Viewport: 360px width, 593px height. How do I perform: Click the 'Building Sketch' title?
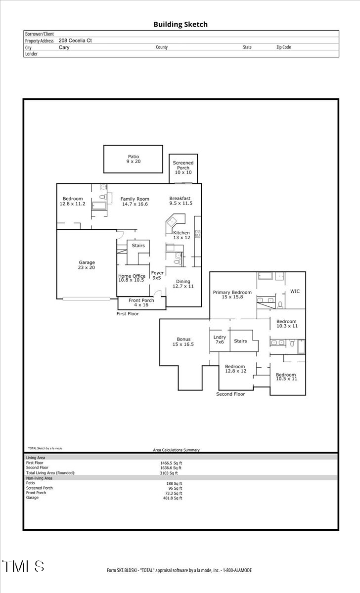coord(180,24)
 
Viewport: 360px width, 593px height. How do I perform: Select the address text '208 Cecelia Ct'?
coord(75,41)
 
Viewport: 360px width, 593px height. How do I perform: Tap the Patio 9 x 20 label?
coord(133,159)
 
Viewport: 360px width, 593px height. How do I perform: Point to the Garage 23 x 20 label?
coord(87,265)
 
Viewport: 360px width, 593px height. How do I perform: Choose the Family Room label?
coord(135,201)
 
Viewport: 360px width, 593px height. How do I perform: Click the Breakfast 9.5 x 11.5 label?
coord(180,201)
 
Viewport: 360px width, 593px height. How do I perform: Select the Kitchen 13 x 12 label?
coord(181,235)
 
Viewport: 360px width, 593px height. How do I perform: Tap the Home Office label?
coord(132,278)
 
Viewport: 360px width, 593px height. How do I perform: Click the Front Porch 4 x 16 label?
coord(141,302)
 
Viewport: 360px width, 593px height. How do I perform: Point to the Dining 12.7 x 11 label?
coord(183,284)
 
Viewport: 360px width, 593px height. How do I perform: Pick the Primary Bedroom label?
coord(232,295)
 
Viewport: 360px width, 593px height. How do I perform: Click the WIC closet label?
coord(295,291)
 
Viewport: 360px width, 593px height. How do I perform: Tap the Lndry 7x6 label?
coord(219,339)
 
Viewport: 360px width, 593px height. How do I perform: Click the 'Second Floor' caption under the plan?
coord(230,394)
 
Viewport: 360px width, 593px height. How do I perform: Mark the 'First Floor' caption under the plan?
coord(128,314)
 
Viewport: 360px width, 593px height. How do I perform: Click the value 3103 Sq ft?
coord(168,473)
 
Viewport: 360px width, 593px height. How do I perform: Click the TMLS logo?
coord(23,566)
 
